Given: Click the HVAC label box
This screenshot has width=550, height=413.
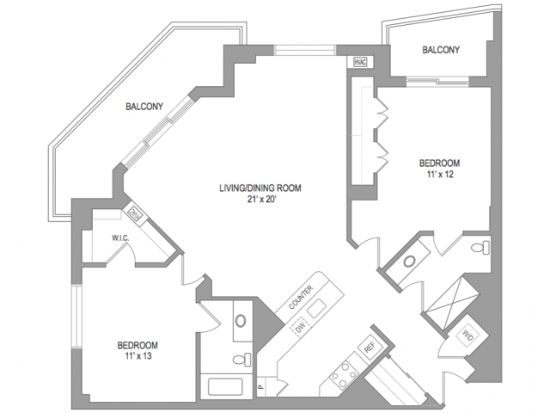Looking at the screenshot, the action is click(358, 62).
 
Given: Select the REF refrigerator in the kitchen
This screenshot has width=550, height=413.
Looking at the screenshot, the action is click(370, 348).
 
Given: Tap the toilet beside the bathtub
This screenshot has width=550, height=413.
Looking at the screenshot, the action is click(241, 358).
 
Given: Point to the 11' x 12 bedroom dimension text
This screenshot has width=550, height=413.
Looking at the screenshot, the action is click(438, 175).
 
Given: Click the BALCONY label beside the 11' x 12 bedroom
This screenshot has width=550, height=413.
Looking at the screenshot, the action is click(441, 50).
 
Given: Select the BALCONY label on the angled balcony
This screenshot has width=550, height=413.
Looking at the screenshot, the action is click(144, 107).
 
